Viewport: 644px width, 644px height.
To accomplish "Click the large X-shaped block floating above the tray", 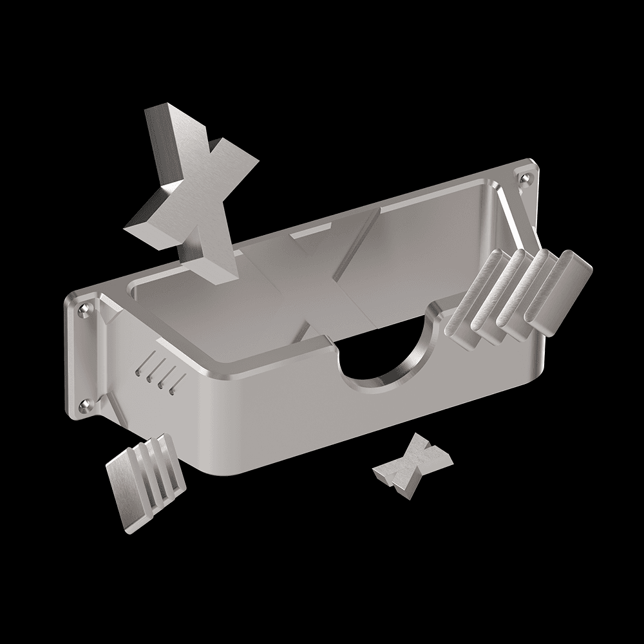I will [x=193, y=193].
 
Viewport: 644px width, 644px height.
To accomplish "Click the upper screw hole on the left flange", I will [x=82, y=310].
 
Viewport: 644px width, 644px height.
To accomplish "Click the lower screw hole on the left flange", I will [x=83, y=404].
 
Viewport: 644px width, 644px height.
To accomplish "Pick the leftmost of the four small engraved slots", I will [x=143, y=365].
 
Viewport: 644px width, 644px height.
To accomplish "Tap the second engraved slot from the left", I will [x=153, y=370].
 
